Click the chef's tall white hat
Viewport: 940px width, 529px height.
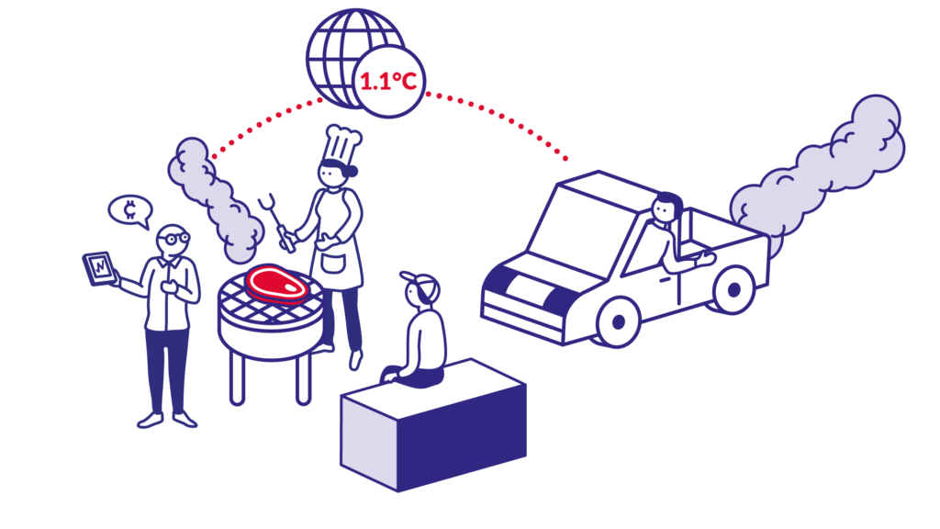coord(342,145)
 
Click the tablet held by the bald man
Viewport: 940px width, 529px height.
coord(99,268)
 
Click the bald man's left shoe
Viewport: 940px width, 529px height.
coord(150,422)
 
